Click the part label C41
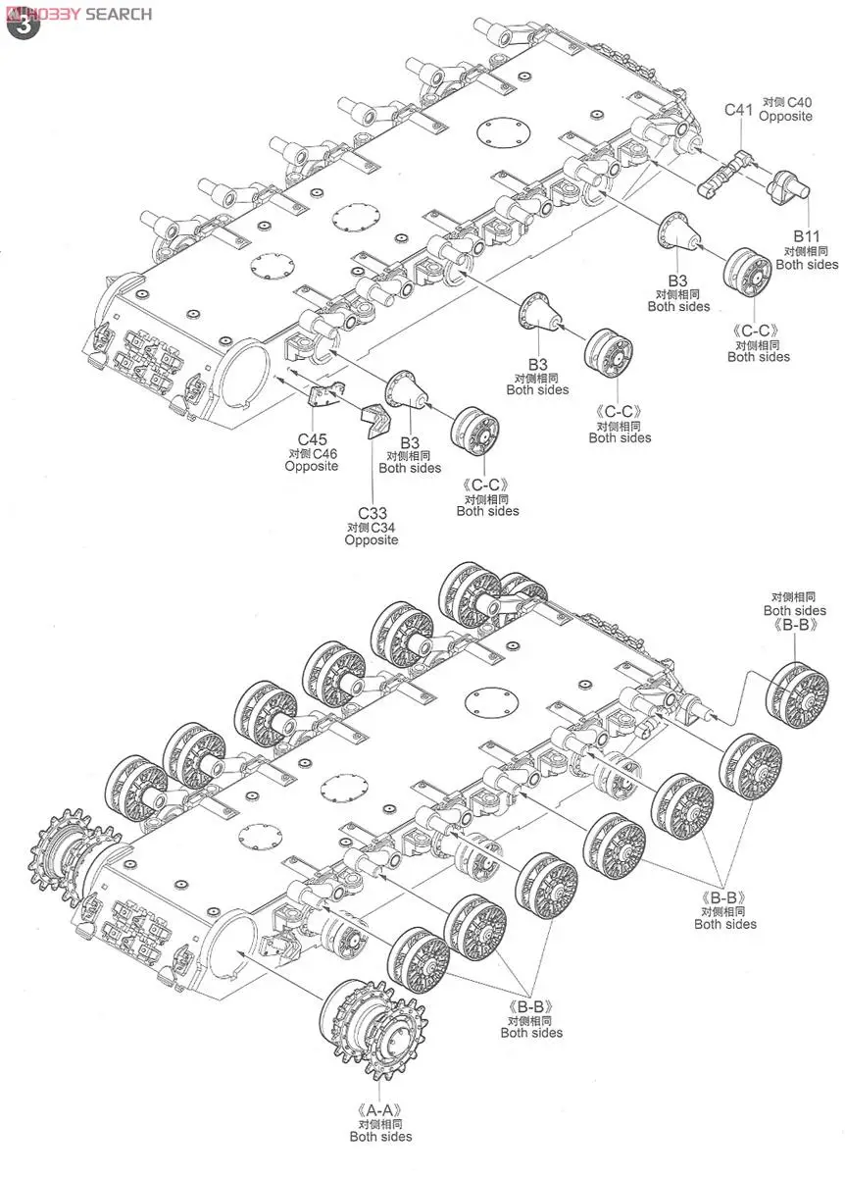[x=738, y=109]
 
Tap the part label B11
[x=807, y=236]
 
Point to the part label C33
[x=372, y=513]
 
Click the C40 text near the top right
[x=799, y=102]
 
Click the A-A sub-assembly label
[x=380, y=1110]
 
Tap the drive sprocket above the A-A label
[x=369, y=1023]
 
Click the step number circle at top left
[x=23, y=25]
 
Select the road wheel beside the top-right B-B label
[x=796, y=695]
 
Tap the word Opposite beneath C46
[x=312, y=467]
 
